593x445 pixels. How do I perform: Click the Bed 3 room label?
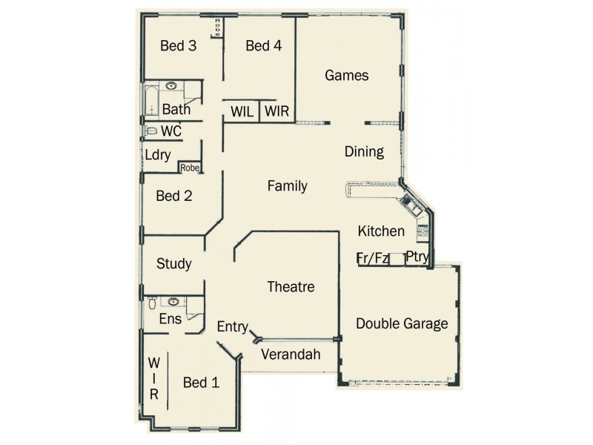point(178,46)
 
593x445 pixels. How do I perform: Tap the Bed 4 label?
point(263,46)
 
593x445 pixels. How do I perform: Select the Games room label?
point(347,75)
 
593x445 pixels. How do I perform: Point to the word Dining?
point(364,152)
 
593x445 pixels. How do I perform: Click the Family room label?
point(287,186)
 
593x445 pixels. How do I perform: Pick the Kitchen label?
point(381,231)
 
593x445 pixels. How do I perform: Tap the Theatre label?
point(291,287)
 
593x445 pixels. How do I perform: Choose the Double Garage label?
point(402,323)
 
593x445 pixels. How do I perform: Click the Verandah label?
point(291,355)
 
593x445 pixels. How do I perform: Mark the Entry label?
point(232,326)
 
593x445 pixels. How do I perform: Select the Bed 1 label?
point(201,383)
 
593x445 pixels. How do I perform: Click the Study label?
point(174,263)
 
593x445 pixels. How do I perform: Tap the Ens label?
point(170,319)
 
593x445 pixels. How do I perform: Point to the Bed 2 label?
point(174,197)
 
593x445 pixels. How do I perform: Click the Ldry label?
point(158,156)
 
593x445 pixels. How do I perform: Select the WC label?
point(171,131)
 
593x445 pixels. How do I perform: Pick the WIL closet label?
point(242,112)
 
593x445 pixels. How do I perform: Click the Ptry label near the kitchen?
point(417,258)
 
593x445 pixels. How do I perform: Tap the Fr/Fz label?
point(373,258)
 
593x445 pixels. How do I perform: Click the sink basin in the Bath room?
point(171,87)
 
